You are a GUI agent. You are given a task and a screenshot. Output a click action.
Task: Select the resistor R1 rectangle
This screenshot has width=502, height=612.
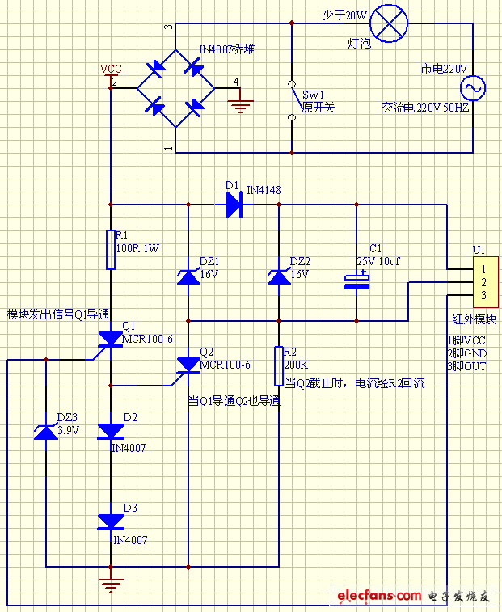click(x=110, y=249)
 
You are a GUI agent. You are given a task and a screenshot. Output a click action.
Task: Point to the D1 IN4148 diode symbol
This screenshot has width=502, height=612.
click(x=234, y=205)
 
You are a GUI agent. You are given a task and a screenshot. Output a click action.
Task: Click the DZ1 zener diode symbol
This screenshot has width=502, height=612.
click(x=188, y=276)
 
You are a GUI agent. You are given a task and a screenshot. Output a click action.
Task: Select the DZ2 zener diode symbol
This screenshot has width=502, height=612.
click(x=279, y=276)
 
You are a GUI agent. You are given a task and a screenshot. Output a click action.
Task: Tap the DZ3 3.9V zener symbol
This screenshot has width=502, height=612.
click(x=47, y=431)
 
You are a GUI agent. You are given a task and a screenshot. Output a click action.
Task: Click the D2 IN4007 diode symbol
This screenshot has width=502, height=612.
click(x=110, y=431)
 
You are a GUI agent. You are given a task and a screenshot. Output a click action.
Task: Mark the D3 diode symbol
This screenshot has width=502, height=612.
click(x=110, y=521)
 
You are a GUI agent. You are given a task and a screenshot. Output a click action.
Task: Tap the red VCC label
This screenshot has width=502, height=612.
click(x=110, y=70)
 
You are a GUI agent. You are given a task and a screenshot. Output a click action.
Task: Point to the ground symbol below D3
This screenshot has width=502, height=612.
click(x=110, y=584)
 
